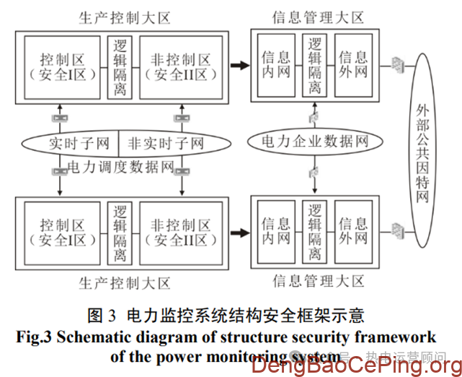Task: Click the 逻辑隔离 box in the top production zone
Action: (x=120, y=66)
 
